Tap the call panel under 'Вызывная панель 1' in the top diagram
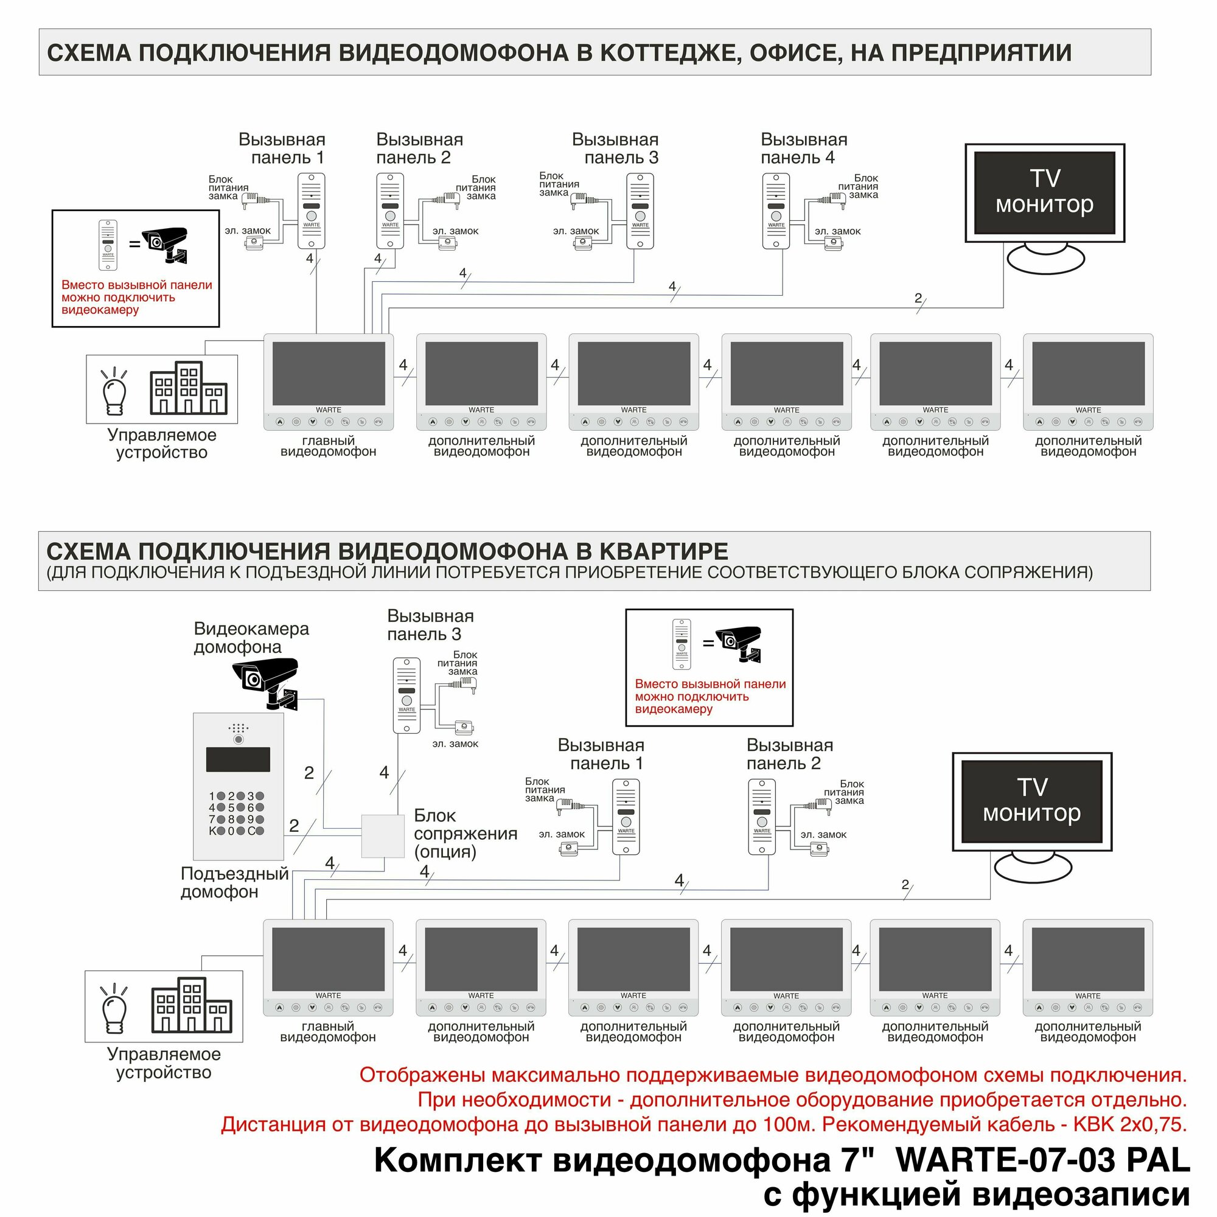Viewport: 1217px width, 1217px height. click(311, 211)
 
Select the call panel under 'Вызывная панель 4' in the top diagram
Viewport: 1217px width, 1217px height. click(776, 211)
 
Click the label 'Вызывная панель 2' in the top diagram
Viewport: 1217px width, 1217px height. click(419, 148)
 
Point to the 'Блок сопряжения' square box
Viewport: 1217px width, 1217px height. click(382, 836)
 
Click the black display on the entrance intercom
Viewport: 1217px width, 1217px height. click(238, 759)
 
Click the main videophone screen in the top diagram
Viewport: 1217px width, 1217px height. click(328, 373)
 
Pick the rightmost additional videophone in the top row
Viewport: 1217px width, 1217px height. click(1088, 381)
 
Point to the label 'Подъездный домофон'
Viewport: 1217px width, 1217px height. click(234, 882)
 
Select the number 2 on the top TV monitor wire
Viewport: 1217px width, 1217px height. click(918, 298)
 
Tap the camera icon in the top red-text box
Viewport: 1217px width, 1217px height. click(165, 244)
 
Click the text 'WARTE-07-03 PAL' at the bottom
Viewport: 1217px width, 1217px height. click(1042, 1160)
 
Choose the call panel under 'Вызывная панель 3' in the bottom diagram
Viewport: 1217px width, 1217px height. click(407, 696)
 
